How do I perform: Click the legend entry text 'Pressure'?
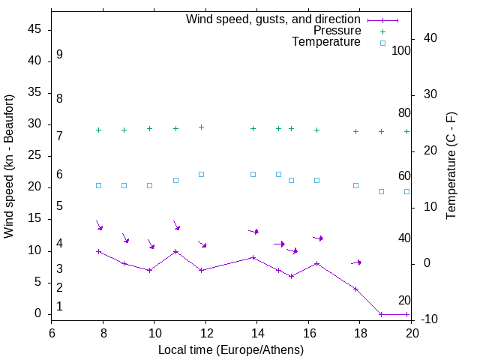pyautogui.click(x=337, y=31)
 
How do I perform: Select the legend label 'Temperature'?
pyautogui.click(x=326, y=43)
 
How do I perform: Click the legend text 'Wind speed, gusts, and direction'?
pyautogui.click(x=274, y=19)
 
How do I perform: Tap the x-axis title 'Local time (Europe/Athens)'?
pyautogui.click(x=231, y=349)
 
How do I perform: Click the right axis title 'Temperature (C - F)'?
pyautogui.click(x=451, y=166)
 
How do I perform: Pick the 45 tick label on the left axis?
pyautogui.click(x=34, y=30)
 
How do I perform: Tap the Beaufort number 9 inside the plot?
pyautogui.click(x=59, y=55)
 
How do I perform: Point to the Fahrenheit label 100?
pyautogui.click(x=402, y=51)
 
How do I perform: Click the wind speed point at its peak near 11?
pyautogui.click(x=175, y=251)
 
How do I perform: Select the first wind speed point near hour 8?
pyautogui.click(x=98, y=251)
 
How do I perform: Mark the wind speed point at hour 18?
pyautogui.click(x=355, y=289)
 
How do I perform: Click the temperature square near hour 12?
pyautogui.click(x=201, y=174)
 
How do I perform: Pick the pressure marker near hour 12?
pyautogui.click(x=201, y=127)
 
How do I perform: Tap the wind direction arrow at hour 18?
pyautogui.click(x=356, y=262)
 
